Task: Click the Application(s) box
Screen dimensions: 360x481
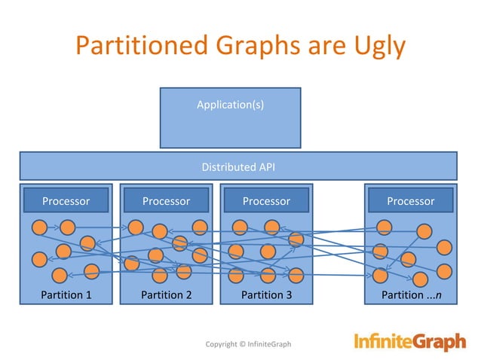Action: tap(230, 117)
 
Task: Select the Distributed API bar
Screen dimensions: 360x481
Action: tap(237, 166)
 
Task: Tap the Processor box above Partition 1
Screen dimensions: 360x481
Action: tap(66, 201)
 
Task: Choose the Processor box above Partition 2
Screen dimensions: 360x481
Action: tap(166, 201)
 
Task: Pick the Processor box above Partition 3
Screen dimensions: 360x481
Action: tap(266, 201)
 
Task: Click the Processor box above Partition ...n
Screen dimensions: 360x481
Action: tap(410, 201)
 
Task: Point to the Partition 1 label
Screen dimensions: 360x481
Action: tap(66, 294)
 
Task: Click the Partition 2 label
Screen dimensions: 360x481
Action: tap(166, 294)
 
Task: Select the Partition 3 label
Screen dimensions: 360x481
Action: tap(266, 294)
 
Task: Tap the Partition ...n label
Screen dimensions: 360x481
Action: tap(412, 294)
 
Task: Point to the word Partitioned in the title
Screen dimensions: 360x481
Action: tap(142, 46)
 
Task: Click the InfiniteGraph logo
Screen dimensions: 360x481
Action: tap(410, 343)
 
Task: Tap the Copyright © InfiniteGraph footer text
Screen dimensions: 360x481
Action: tap(248, 345)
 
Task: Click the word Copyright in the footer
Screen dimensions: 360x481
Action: tap(223, 345)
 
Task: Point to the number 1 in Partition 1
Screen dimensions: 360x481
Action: tap(88, 294)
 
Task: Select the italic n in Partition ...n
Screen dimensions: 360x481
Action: tap(438, 294)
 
